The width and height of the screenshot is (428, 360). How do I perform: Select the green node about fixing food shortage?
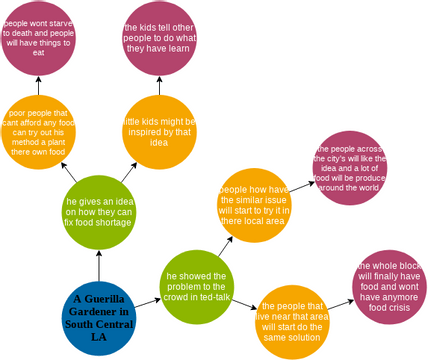pyautogui.click(x=99, y=211)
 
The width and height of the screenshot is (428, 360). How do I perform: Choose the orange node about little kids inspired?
pyautogui.click(x=160, y=131)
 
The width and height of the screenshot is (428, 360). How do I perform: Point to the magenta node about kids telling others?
pyautogui.click(x=160, y=39)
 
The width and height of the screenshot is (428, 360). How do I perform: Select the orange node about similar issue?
pyautogui.click(x=254, y=205)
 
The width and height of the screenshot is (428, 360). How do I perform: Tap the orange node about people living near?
pyautogui.click(x=291, y=321)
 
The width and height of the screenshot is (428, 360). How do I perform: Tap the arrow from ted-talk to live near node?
pyautogui.click(x=245, y=305)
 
